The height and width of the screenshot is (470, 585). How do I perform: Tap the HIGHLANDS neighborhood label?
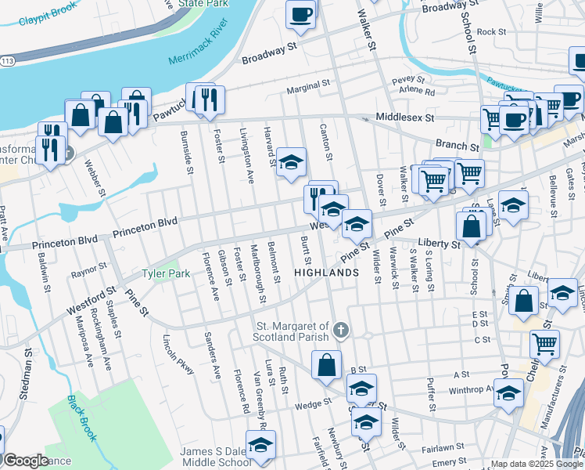coord(326,273)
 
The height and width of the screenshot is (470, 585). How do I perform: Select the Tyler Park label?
coord(165,275)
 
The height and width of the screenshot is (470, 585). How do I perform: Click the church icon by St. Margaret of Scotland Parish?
coord(339,331)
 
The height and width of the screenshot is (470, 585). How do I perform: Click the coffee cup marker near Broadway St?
coord(300,13)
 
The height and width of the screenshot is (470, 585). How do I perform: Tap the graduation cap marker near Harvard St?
coord(292,162)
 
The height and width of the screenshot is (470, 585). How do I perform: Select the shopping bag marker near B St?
coord(326,364)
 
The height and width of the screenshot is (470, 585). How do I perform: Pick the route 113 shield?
coord(6,60)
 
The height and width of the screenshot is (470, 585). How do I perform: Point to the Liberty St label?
coord(440,244)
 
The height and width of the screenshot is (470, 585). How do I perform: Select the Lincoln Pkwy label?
coord(178,354)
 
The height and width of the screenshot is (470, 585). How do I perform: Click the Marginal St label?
coord(304,91)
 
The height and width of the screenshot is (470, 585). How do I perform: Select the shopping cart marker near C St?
coord(544,343)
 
